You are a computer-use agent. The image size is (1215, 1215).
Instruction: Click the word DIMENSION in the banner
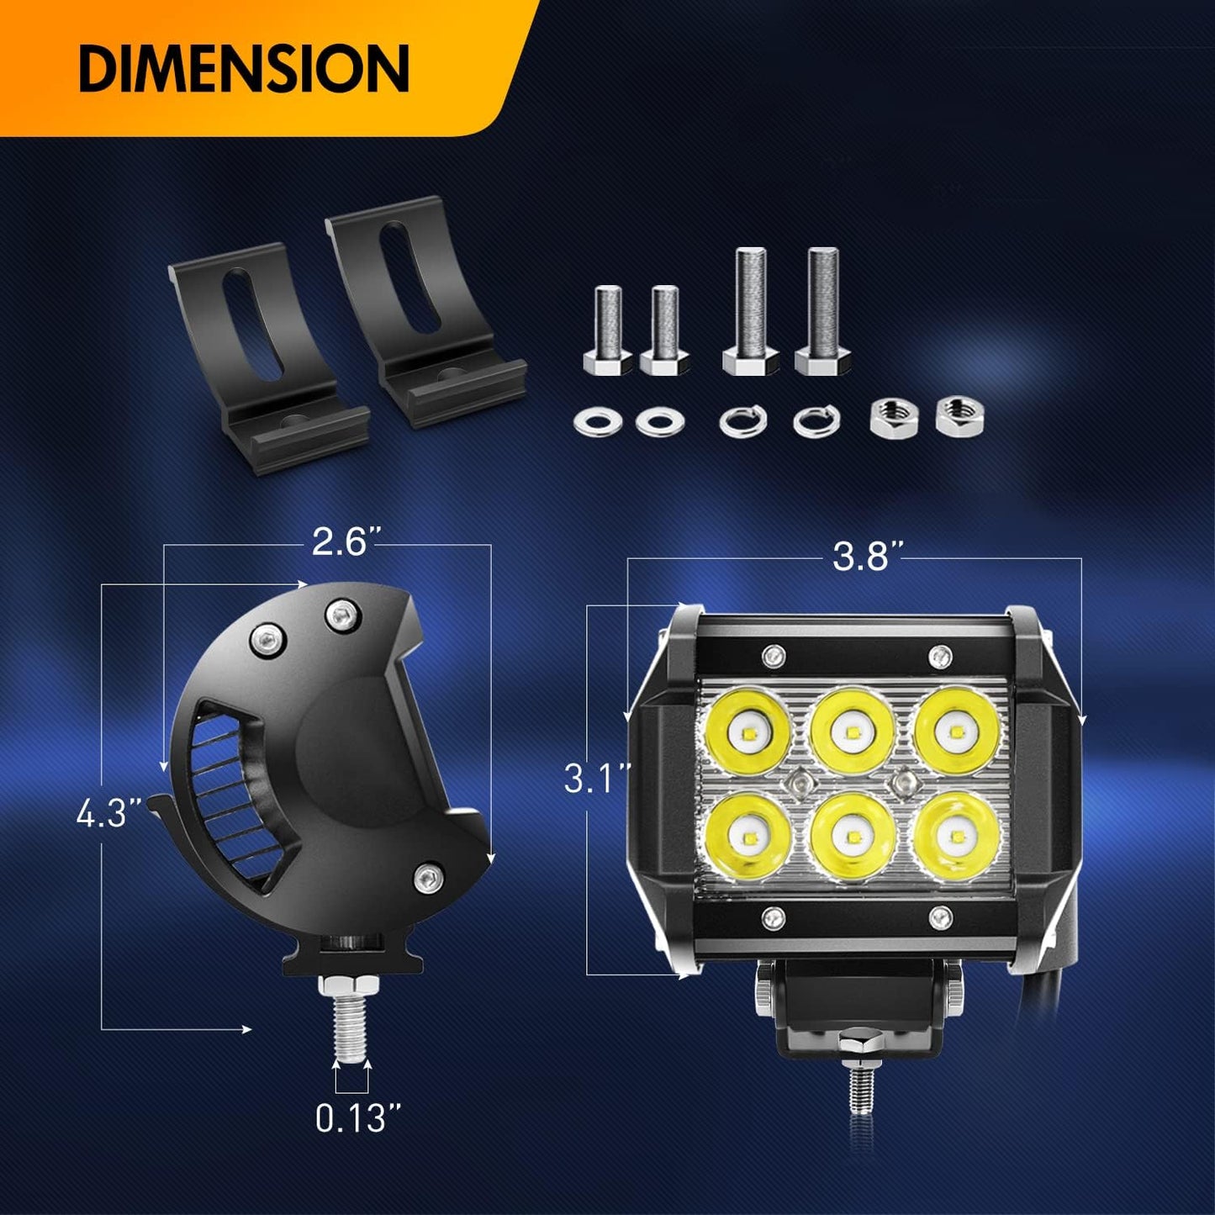[244, 69]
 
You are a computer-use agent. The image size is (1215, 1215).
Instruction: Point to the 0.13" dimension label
[358, 1118]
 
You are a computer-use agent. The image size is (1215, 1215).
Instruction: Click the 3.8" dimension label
[869, 556]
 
